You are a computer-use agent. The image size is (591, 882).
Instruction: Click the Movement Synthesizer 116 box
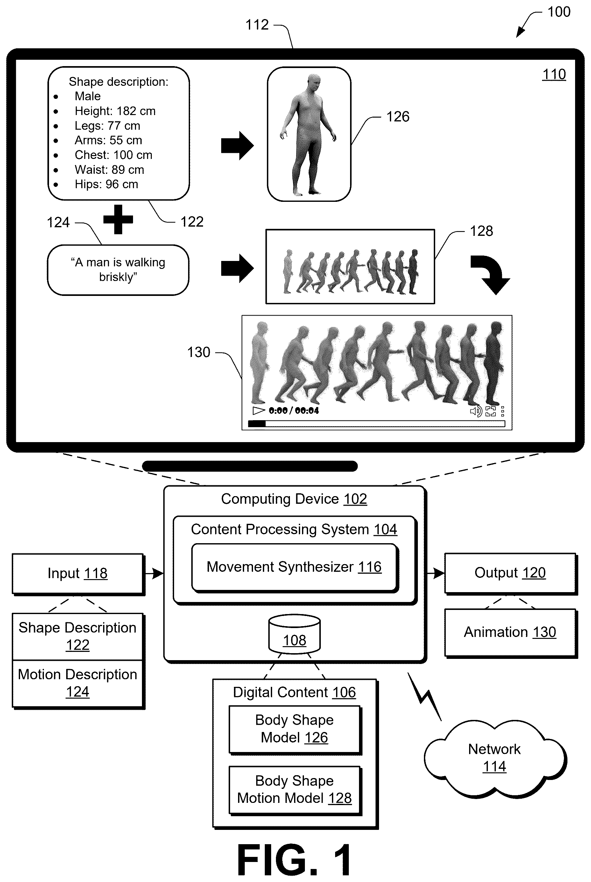295,568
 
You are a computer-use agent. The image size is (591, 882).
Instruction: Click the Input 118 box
78,574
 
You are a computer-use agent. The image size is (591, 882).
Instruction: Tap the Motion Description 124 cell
78,683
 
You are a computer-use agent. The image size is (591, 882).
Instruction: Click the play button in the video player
258,410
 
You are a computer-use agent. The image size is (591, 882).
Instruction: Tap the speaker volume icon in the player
476,411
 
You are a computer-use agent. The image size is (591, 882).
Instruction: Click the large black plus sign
118,219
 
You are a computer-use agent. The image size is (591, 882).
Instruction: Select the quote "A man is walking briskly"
118,270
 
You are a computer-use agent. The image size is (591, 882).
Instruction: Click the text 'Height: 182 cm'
115,111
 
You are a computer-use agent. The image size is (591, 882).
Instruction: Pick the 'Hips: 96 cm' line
106,184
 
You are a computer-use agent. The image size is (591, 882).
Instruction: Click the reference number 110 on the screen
554,75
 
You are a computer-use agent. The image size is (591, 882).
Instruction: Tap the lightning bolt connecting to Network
425,697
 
